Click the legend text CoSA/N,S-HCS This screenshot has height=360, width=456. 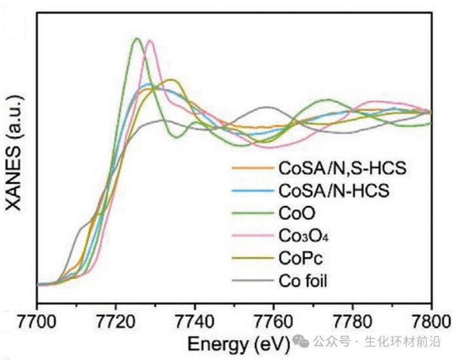click(x=341, y=169)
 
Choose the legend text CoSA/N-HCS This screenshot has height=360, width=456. click(x=332, y=191)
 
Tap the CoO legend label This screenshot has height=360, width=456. click(x=292, y=213)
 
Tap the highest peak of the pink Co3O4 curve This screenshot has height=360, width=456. click(x=150, y=41)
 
